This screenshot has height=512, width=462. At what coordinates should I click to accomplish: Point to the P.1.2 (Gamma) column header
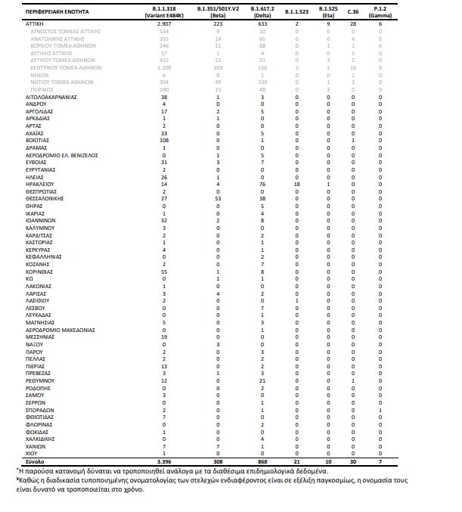click(x=380, y=12)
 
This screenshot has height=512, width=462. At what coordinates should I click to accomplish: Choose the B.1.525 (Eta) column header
click(x=327, y=12)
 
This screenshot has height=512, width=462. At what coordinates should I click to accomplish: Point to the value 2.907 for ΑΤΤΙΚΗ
click(x=164, y=24)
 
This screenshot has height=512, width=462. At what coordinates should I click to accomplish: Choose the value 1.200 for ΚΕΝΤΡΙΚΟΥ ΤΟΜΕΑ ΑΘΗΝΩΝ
click(x=164, y=68)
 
